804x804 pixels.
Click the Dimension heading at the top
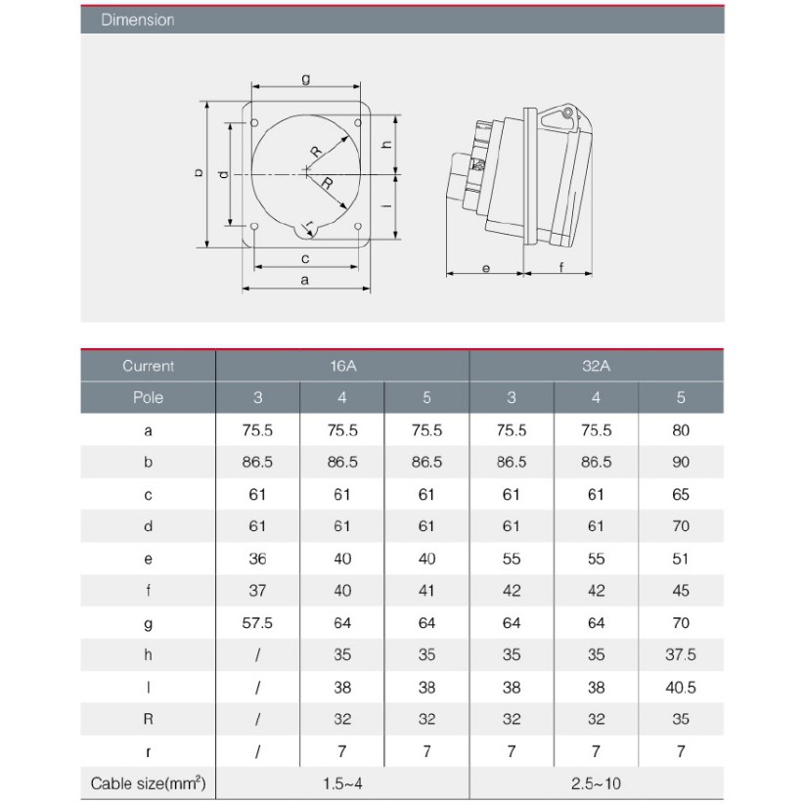coord(138,20)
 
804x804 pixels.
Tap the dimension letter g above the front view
coord(306,79)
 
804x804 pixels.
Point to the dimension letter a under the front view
coord(305,280)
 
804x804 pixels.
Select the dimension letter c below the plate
coord(305,258)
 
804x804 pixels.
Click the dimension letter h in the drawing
coord(387,144)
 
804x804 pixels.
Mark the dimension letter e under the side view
coord(484,266)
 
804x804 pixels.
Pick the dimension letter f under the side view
coord(560,266)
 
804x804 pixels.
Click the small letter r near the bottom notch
coord(308,226)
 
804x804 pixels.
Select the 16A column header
coord(342,366)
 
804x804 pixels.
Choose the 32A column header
coord(597,366)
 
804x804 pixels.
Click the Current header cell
coord(149,366)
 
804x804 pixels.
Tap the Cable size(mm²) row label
coord(149,783)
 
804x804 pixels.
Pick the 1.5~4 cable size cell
coord(342,783)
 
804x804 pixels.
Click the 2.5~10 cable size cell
coord(597,783)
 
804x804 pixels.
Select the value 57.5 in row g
coord(257,623)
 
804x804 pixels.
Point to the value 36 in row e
coord(257,558)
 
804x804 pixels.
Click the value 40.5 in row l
coord(681,688)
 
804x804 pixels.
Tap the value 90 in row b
coord(681,463)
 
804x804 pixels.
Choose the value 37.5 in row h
coord(681,655)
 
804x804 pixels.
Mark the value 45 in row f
coord(681,591)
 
